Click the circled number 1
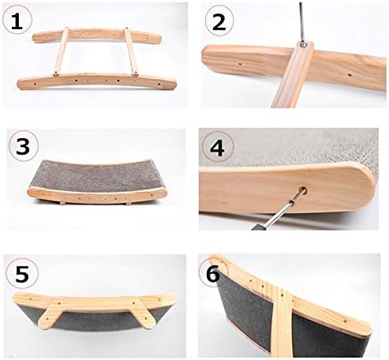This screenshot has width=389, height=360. (17, 21)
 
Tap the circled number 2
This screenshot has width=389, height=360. (219, 21)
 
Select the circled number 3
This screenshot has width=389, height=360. (23, 145)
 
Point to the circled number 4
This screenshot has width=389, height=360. (218, 147)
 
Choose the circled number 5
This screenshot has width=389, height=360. (22, 273)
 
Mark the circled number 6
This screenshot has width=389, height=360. (212, 273)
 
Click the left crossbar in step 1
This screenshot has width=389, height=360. (62, 51)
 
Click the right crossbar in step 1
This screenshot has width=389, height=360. (132, 52)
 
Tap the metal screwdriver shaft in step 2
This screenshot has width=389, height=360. (301, 21)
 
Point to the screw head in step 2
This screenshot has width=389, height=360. (303, 45)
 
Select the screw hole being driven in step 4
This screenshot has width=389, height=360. (304, 189)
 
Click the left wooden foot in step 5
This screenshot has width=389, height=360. (50, 313)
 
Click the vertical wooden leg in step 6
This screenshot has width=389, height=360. (281, 322)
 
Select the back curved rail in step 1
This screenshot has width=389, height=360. (97, 36)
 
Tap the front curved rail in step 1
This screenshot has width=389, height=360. (96, 81)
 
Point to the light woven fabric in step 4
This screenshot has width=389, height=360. (290, 148)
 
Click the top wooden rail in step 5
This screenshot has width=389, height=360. (95, 300)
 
